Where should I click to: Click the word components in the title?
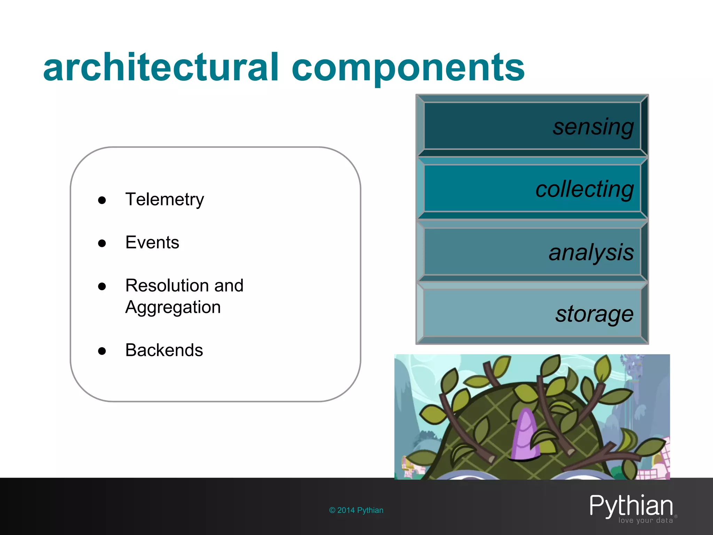coord(408,68)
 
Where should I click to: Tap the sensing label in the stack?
coord(593,127)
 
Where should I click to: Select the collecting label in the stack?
coord(585,189)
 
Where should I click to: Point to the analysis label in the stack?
coord(591,252)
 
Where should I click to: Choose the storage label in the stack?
coord(594,314)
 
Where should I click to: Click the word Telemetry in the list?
coord(164,200)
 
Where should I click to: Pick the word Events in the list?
coord(152,242)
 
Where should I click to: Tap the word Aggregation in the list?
coord(173,308)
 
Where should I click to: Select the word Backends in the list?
coord(164,350)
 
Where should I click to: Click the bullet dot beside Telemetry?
coord(102,200)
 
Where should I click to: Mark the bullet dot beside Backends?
coord(102,351)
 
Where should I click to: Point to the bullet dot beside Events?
coord(102,243)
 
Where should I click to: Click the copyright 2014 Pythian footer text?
coord(356,510)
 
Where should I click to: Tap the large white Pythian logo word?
coord(631,505)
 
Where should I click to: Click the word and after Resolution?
coord(229,286)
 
